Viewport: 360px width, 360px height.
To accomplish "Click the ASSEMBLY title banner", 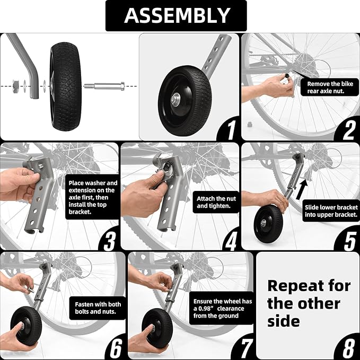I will pos(177,16).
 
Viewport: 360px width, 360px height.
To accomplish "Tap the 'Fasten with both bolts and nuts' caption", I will pos(97,308).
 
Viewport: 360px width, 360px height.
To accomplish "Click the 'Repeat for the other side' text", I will pos(309,303).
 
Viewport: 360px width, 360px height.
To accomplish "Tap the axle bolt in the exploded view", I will pos(103,85).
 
